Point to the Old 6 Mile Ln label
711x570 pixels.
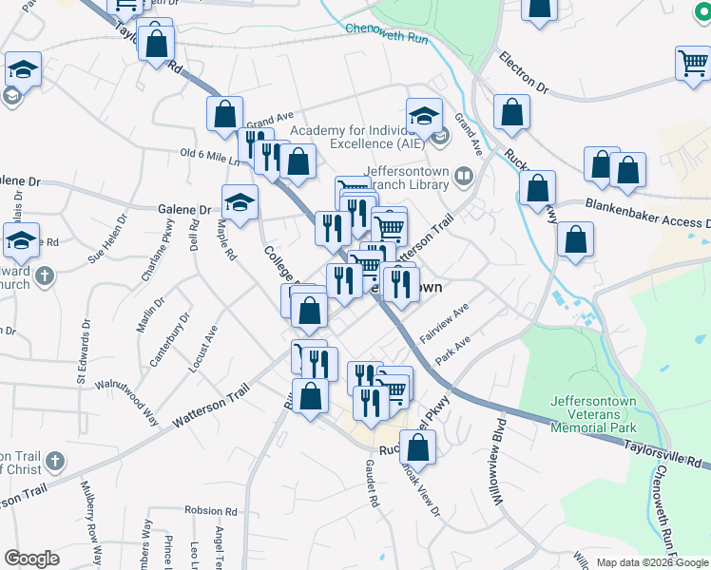(x=210, y=156)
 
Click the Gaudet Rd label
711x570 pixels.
(x=373, y=482)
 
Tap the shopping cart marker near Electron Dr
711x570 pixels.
(x=693, y=64)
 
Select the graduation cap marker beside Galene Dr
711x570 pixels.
(x=240, y=201)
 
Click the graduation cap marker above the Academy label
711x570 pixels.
(x=425, y=115)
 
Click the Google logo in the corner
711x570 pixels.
(x=31, y=559)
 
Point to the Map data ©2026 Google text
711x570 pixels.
(x=652, y=562)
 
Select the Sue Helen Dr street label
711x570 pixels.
(x=106, y=244)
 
